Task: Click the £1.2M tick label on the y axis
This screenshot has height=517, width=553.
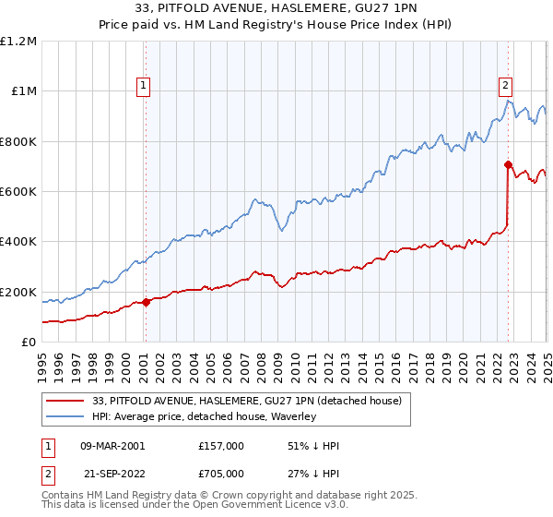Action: point(18,42)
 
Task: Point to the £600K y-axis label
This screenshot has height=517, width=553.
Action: point(18,192)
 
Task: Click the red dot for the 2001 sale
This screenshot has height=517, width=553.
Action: point(146,303)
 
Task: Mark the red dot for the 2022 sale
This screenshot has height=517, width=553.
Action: point(508,165)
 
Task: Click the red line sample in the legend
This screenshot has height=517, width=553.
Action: point(64,402)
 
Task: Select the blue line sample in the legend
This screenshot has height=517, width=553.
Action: point(64,417)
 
